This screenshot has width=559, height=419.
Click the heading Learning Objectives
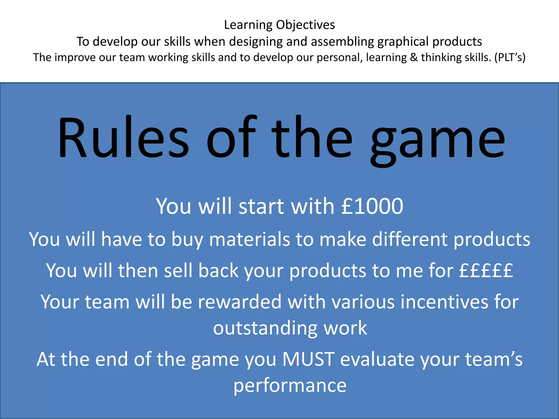[x=279, y=25]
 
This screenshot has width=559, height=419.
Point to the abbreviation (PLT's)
[x=510, y=57]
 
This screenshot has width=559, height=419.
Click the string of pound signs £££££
[x=486, y=270]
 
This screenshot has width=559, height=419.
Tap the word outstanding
[x=265, y=328]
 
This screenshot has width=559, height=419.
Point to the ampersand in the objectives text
[x=414, y=57]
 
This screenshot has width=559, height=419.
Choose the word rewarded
[x=239, y=302]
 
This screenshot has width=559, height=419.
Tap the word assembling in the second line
[x=342, y=42]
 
